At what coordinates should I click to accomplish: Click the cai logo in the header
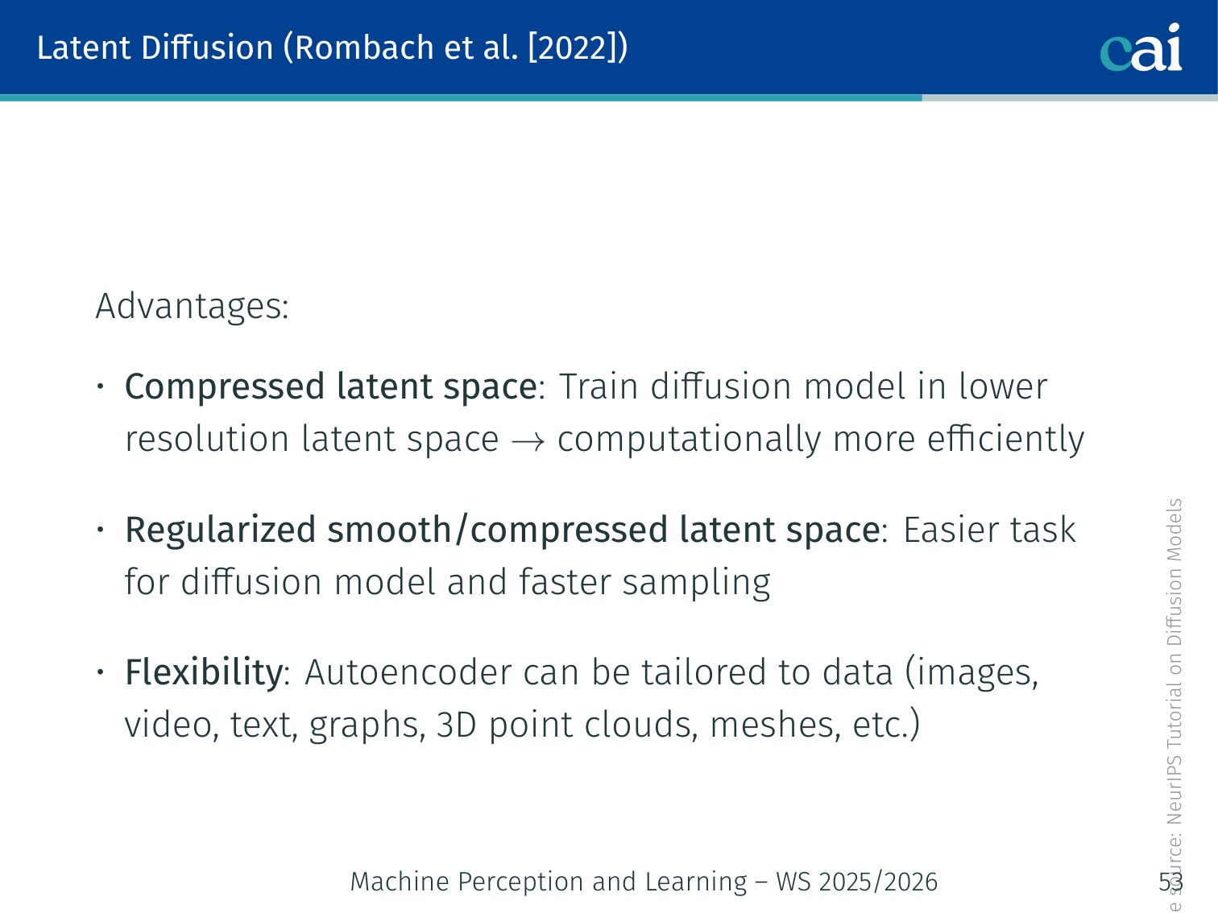click(x=1141, y=48)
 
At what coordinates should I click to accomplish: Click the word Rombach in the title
click(x=363, y=48)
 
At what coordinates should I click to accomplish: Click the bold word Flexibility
click(x=204, y=671)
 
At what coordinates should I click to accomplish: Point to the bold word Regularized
click(x=220, y=530)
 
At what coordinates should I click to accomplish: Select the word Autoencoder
click(x=408, y=672)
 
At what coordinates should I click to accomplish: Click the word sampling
click(x=696, y=583)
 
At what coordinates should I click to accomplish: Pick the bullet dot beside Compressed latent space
click(x=101, y=386)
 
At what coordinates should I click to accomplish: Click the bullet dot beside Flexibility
click(x=101, y=672)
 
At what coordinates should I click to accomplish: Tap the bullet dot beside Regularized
click(x=101, y=530)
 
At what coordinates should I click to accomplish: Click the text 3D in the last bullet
click(x=456, y=725)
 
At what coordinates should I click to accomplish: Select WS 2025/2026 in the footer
click(x=857, y=882)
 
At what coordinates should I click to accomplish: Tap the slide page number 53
click(x=1170, y=882)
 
